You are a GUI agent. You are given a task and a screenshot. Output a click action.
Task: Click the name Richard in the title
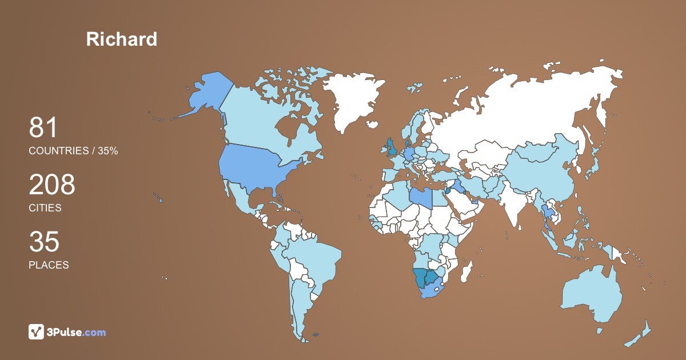point(121,39)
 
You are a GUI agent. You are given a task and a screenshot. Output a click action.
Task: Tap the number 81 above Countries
point(43,128)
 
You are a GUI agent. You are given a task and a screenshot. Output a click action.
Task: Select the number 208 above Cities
point(52,185)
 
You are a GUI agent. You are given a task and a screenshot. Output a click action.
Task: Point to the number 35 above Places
point(44,242)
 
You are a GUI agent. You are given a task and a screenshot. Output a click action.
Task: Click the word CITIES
point(45,208)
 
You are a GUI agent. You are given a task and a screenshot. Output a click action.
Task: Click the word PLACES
point(49,265)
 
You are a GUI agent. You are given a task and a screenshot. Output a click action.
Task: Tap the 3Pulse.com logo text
point(76,332)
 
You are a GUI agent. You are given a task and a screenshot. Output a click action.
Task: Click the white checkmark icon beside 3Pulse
point(37,332)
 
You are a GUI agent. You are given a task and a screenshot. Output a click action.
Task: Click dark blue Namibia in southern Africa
point(421,278)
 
